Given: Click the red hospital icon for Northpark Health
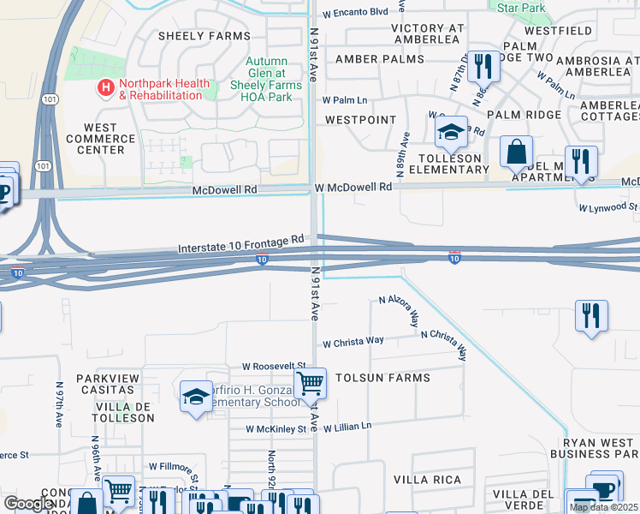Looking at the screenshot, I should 106,87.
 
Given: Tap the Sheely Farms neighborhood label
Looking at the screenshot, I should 204,36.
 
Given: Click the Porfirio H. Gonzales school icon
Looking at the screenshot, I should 196,397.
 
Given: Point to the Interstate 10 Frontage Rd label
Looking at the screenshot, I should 241,248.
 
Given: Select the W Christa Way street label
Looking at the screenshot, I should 353,342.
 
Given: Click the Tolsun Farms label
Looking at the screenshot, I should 382,377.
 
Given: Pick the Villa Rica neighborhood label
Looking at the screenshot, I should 427,480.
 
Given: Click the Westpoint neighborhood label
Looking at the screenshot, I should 360,120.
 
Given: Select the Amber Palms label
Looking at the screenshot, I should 379,58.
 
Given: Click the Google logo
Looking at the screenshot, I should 28,504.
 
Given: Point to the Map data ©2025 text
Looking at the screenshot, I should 603,507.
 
